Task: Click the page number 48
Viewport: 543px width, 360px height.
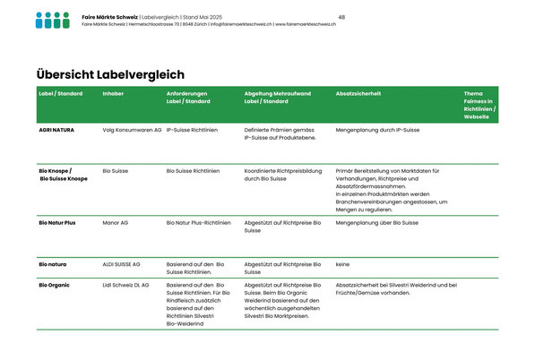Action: (x=341, y=17)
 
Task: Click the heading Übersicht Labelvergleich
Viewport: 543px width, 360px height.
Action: (x=110, y=75)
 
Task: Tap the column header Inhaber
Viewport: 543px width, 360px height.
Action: (x=114, y=93)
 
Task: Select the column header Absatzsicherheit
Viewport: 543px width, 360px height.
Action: (x=358, y=93)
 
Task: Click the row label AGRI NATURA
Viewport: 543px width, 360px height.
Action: (x=56, y=130)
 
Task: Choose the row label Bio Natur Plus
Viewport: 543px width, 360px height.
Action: (x=57, y=222)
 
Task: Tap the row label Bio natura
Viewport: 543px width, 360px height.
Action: (x=53, y=264)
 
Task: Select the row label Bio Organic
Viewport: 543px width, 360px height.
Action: (x=54, y=286)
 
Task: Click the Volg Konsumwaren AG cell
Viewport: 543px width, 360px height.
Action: (x=133, y=130)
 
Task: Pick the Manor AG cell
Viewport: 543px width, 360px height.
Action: (x=116, y=222)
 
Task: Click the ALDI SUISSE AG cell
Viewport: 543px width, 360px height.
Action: (x=122, y=264)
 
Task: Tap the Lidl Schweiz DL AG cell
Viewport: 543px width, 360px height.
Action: (x=126, y=286)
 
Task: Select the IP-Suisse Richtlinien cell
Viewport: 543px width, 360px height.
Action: (x=193, y=130)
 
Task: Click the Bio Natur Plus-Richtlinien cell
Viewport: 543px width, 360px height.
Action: (x=199, y=222)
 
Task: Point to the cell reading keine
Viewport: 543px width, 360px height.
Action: (x=342, y=264)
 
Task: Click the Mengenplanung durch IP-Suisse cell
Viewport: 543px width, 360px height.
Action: (x=377, y=130)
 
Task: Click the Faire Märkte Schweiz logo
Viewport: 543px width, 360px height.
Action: (x=52, y=20)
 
